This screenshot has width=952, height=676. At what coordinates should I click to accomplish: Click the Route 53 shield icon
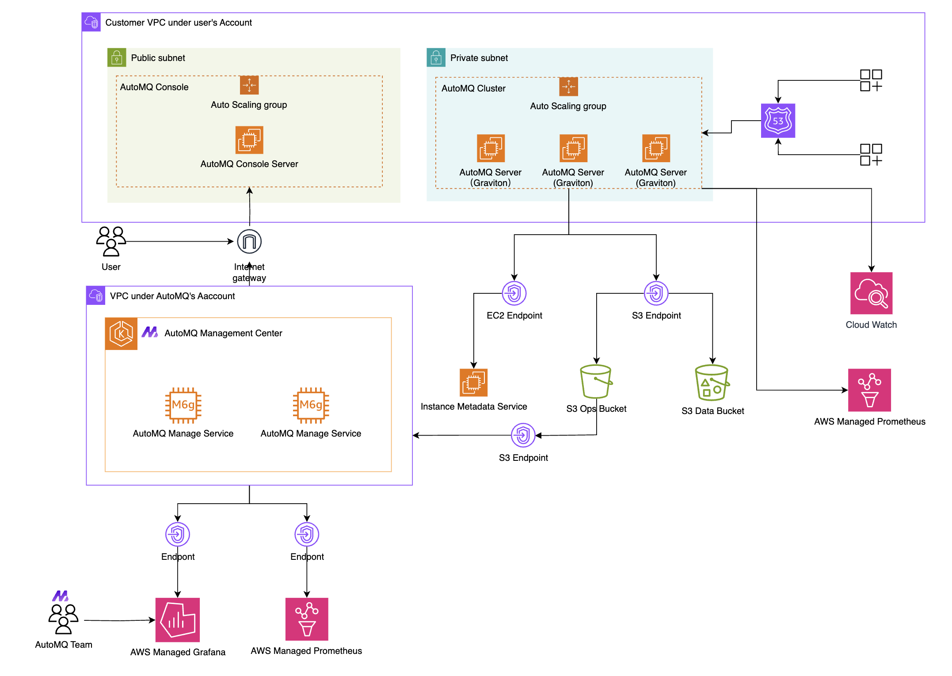(x=777, y=121)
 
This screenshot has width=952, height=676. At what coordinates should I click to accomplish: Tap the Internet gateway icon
(x=249, y=242)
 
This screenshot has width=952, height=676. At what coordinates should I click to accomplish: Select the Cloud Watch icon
(x=871, y=293)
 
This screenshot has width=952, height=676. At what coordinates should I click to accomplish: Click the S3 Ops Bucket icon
(x=596, y=382)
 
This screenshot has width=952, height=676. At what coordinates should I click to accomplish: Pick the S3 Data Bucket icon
(x=712, y=383)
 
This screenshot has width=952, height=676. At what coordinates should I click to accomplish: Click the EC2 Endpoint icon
(x=514, y=293)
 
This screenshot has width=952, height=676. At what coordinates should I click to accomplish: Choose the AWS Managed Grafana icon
(x=178, y=619)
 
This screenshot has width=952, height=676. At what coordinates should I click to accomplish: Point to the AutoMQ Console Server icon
(x=249, y=140)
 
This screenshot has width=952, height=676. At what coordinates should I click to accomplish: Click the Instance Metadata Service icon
(x=473, y=383)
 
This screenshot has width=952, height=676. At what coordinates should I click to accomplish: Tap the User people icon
(x=111, y=241)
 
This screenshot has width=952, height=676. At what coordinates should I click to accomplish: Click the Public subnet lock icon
(x=117, y=57)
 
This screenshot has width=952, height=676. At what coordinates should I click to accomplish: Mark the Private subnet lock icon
(x=436, y=57)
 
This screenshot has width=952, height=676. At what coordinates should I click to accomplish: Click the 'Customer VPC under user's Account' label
(x=178, y=23)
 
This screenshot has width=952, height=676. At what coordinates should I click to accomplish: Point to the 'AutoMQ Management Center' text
(x=223, y=333)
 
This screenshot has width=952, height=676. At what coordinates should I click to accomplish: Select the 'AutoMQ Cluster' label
(x=473, y=88)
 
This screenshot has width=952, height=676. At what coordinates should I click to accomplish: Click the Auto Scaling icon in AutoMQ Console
(x=249, y=85)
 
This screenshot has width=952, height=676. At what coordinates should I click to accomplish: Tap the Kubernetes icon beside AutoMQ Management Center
(x=121, y=334)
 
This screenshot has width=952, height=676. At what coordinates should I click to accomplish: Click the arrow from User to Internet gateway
(x=179, y=242)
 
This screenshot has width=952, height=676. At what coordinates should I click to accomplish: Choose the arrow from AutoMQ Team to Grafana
(x=119, y=620)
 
